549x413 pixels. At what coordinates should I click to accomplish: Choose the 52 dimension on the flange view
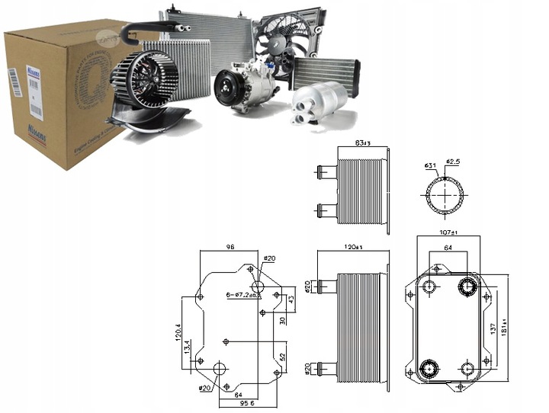[283, 355]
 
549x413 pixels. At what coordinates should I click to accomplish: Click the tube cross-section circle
[445, 195]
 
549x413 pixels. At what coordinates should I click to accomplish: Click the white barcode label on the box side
[14, 85]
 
